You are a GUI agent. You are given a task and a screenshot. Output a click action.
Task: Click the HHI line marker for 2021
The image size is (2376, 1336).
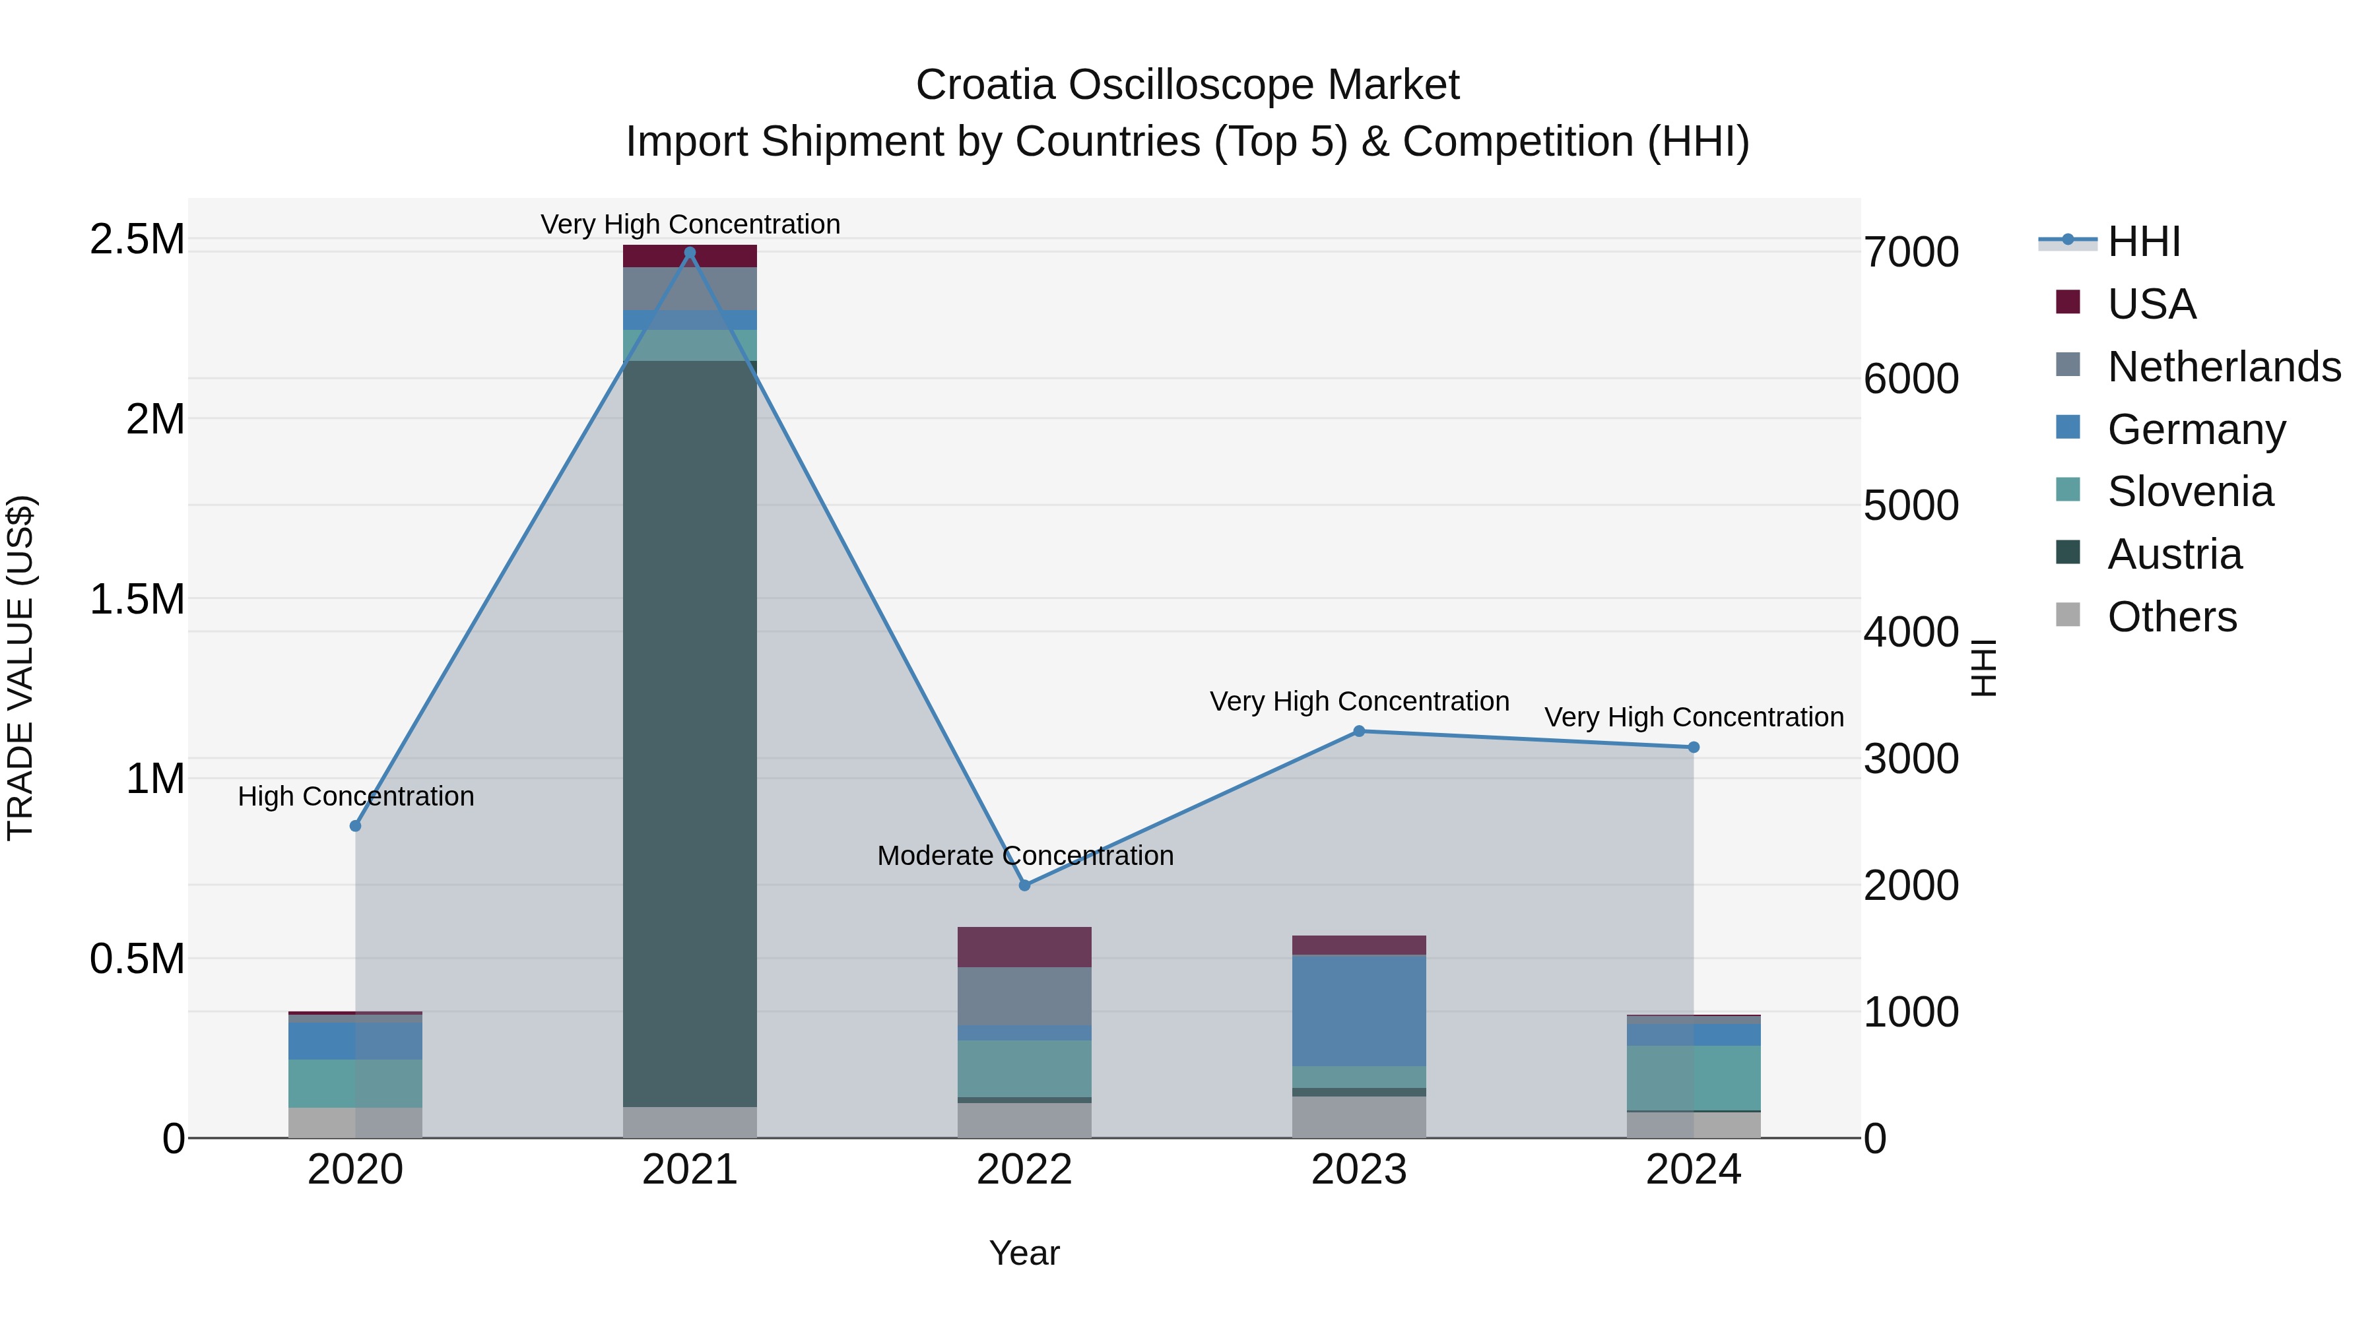point(690,253)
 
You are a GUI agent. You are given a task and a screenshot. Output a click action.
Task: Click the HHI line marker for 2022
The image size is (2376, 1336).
point(1025,885)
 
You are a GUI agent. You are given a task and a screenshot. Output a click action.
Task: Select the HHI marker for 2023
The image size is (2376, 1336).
point(1359,731)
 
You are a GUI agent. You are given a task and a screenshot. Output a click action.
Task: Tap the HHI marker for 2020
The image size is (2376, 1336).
point(355,826)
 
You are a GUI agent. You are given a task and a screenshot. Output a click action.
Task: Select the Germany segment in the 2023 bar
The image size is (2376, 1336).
point(1359,1011)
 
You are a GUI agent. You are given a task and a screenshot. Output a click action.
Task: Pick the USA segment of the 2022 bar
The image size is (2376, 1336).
point(1025,947)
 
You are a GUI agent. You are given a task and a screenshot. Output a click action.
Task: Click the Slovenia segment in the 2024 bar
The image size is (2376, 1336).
point(1694,1078)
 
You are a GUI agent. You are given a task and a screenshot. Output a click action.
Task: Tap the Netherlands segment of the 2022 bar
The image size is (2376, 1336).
point(1025,996)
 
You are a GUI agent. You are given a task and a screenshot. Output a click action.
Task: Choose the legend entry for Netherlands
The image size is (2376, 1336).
point(2223,367)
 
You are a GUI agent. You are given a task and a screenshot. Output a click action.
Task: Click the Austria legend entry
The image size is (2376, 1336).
point(2173,554)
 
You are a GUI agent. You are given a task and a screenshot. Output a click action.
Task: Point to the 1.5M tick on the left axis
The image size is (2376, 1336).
point(137,599)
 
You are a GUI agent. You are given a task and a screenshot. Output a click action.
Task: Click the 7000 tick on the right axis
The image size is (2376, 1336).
point(1911,253)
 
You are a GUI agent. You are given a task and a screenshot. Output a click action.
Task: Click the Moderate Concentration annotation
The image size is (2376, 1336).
point(1025,856)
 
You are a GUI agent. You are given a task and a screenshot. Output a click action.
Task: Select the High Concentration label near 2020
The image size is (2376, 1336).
point(355,796)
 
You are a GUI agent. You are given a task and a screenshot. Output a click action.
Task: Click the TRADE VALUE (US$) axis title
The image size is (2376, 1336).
point(20,668)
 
